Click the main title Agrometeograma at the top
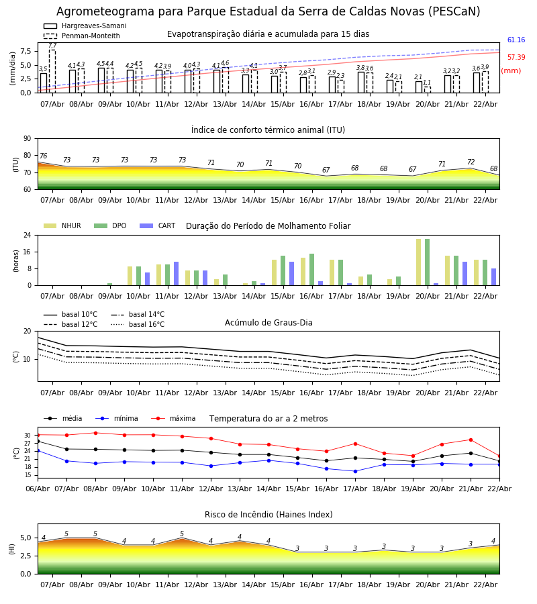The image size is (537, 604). (x=268, y=11)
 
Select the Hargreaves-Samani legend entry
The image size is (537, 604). (x=85, y=26)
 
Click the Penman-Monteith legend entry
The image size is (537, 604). (x=82, y=36)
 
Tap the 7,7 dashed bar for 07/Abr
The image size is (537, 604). (x=52, y=71)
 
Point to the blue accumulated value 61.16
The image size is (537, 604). (x=516, y=40)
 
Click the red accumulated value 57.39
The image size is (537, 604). (x=516, y=57)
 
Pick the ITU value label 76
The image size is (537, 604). (x=43, y=156)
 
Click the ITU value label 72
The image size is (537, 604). (x=471, y=162)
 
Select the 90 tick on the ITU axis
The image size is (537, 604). (x=28, y=139)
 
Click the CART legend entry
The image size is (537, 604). (x=158, y=225)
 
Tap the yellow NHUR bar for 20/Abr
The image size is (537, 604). (x=418, y=262)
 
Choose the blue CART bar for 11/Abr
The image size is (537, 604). (x=176, y=274)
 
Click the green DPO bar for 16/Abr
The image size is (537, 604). (x=311, y=270)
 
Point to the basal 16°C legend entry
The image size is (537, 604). (x=138, y=324)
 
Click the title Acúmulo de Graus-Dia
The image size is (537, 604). (x=268, y=323)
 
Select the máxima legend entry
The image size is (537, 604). (x=173, y=418)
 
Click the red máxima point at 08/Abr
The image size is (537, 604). (x=95, y=433)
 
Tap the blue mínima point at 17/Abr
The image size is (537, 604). (x=355, y=471)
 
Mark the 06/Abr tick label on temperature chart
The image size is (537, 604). (x=38, y=489)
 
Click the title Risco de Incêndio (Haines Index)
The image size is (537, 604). (x=268, y=515)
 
